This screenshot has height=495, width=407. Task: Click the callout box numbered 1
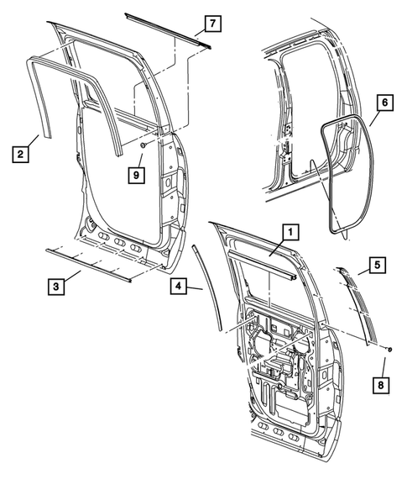coord(289,230)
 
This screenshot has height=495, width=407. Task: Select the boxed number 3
coord(56,287)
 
